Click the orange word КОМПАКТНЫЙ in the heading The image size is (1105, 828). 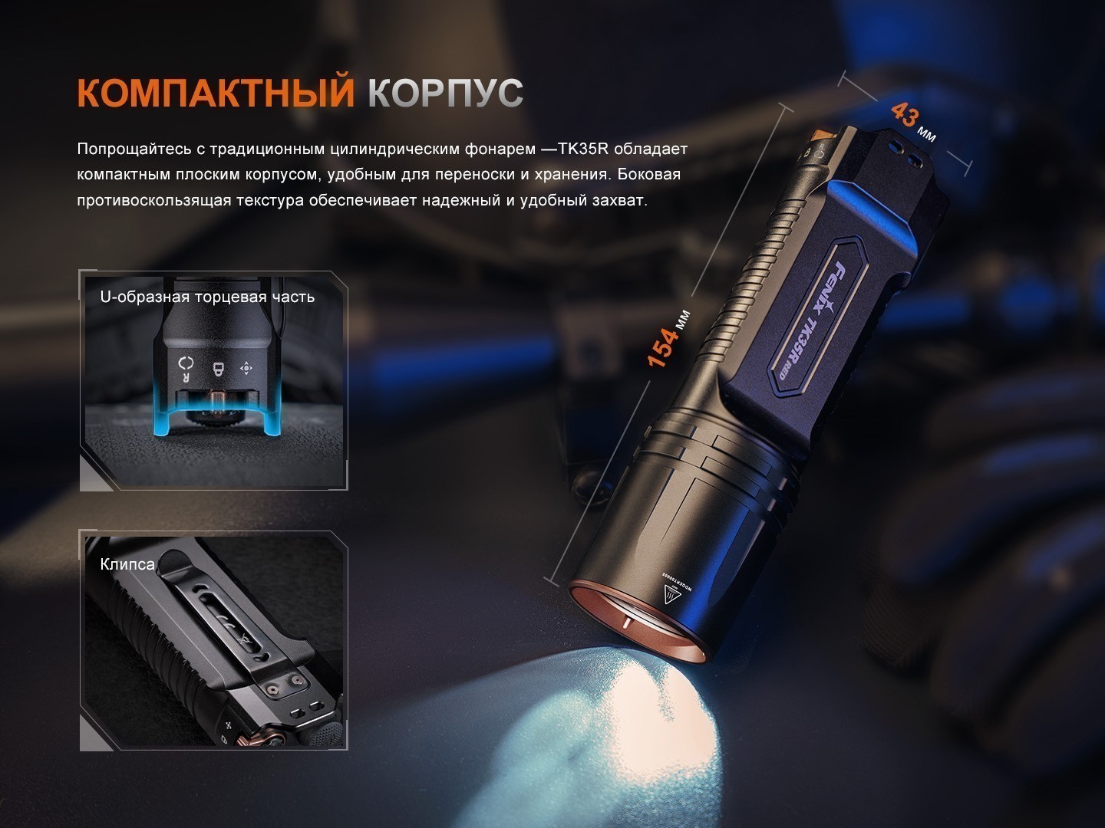point(216,92)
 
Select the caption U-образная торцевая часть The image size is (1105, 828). point(207,297)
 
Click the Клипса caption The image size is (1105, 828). point(127,564)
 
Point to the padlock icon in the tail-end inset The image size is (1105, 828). point(218,368)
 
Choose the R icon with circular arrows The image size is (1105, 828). point(185,368)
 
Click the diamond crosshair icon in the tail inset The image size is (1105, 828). point(246,368)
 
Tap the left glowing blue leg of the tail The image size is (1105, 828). point(161,412)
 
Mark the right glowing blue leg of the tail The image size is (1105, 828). point(271,412)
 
